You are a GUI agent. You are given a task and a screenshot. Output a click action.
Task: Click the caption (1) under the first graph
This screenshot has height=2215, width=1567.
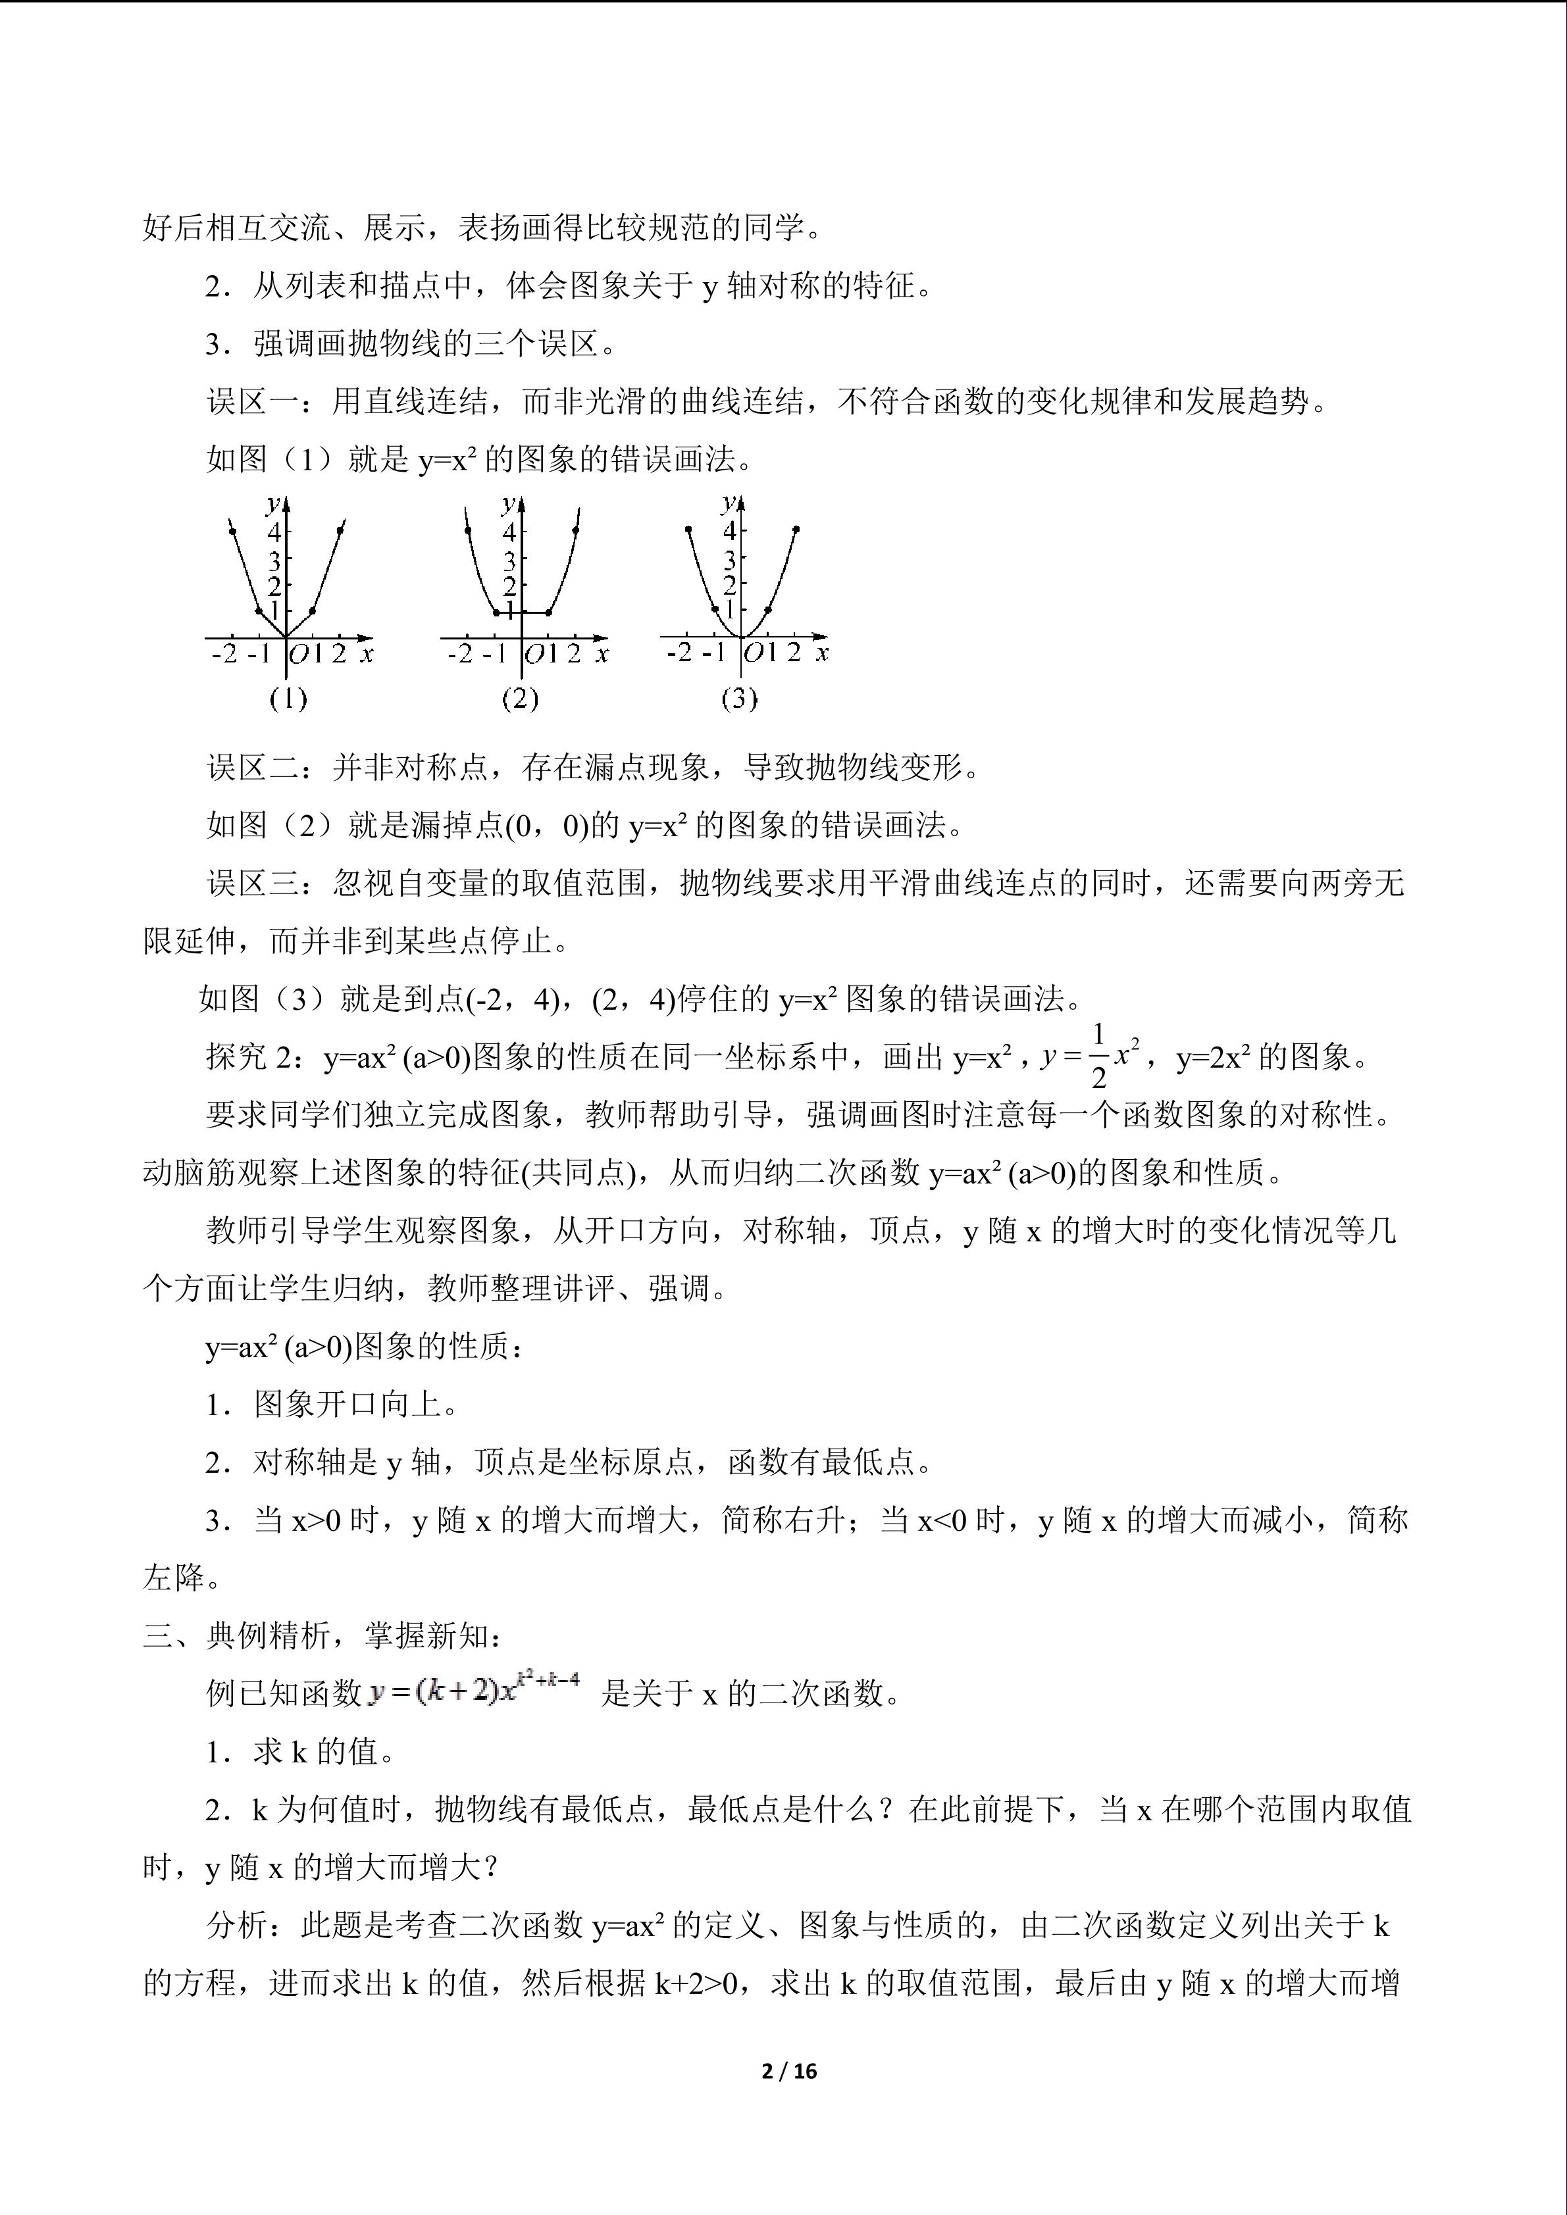point(288,699)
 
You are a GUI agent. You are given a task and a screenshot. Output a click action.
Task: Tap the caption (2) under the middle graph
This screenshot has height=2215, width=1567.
point(519,699)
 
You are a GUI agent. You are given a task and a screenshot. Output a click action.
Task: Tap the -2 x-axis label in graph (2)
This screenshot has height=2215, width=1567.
point(461,654)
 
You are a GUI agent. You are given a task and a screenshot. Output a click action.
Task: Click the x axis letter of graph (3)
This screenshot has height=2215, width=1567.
point(822,653)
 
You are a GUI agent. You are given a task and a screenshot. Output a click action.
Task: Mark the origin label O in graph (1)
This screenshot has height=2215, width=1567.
point(299,654)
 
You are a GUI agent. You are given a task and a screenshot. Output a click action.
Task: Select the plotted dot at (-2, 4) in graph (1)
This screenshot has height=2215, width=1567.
point(232,530)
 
